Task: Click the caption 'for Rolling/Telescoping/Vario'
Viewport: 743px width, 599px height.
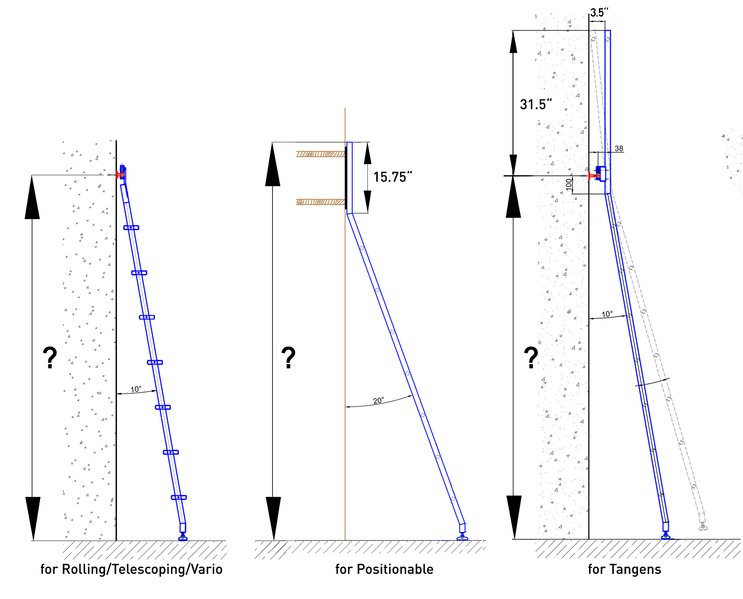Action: pyautogui.click(x=131, y=569)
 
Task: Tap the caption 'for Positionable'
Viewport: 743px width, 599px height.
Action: pyautogui.click(x=384, y=569)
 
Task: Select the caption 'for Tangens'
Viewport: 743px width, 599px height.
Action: pyautogui.click(x=625, y=569)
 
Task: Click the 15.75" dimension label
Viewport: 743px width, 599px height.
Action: pyautogui.click(x=392, y=177)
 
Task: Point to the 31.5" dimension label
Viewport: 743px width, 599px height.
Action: pyautogui.click(x=535, y=104)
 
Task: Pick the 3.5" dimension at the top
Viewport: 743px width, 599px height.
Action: pyautogui.click(x=599, y=12)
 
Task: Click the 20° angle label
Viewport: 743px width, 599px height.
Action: pyautogui.click(x=379, y=401)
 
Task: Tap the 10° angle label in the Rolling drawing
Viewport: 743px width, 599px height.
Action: pyautogui.click(x=136, y=389)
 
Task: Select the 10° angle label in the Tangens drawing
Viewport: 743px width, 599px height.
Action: pyautogui.click(x=607, y=314)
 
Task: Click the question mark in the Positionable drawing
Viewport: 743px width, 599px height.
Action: pyautogui.click(x=288, y=357)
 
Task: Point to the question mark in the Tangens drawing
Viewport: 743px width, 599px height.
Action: pyautogui.click(x=531, y=357)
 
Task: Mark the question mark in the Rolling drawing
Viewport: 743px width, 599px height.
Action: pyautogui.click(x=50, y=357)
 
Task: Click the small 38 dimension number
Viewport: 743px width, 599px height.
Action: pyautogui.click(x=619, y=149)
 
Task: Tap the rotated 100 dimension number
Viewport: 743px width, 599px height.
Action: pyautogui.click(x=569, y=184)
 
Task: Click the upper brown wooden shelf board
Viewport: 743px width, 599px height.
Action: pyautogui.click(x=320, y=154)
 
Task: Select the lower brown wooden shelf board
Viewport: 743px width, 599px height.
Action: pyautogui.click(x=320, y=202)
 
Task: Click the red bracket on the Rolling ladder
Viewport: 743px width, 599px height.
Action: pyautogui.click(x=120, y=175)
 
